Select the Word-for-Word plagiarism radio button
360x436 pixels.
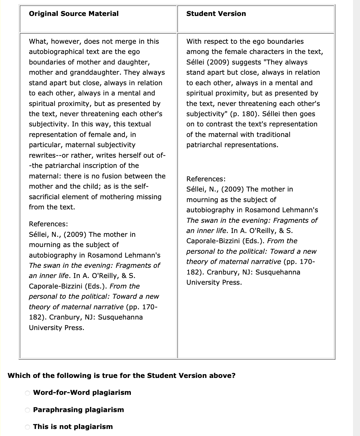[x=27, y=393]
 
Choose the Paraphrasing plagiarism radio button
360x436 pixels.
[x=27, y=410]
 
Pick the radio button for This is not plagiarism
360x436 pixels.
[x=27, y=427]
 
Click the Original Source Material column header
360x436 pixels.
[x=73, y=14]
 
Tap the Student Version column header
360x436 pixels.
[x=216, y=14]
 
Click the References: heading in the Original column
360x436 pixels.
[x=48, y=224]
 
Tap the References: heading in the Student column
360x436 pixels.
[x=206, y=179]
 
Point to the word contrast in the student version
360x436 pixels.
[x=221, y=124]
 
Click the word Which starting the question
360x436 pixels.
[x=19, y=375]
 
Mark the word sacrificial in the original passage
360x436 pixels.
[x=45, y=197]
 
